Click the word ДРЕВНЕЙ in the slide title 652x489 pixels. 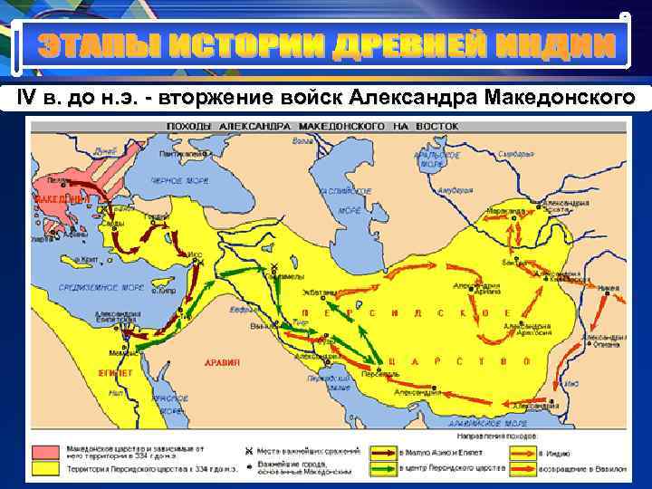[390, 44]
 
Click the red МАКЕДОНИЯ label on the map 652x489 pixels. [62, 197]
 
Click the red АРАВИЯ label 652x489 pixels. [223, 362]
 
